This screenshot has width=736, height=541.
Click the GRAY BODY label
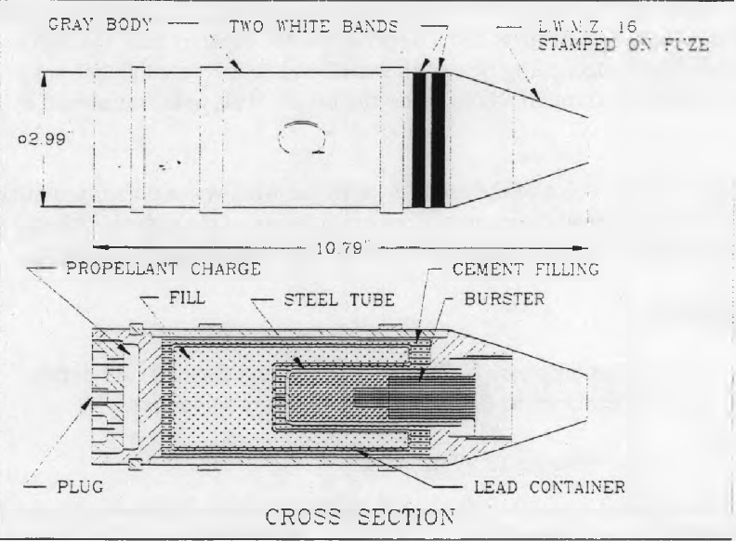(100, 24)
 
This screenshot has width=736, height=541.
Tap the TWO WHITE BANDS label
(313, 26)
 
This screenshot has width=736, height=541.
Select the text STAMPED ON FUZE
(624, 44)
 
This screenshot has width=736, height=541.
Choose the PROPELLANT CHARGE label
(164, 269)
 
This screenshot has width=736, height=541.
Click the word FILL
(187, 297)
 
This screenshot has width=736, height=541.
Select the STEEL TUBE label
(339, 299)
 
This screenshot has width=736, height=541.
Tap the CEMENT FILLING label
(526, 269)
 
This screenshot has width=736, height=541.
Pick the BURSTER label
(504, 298)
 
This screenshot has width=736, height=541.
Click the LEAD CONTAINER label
(549, 487)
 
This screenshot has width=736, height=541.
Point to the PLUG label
(80, 486)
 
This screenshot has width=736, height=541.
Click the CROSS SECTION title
(360, 517)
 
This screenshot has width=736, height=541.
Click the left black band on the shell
(419, 139)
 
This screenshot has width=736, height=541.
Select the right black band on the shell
(438, 139)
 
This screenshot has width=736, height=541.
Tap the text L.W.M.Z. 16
(586, 26)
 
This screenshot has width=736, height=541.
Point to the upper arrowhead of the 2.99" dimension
(44, 80)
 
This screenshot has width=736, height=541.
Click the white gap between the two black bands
(428, 139)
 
